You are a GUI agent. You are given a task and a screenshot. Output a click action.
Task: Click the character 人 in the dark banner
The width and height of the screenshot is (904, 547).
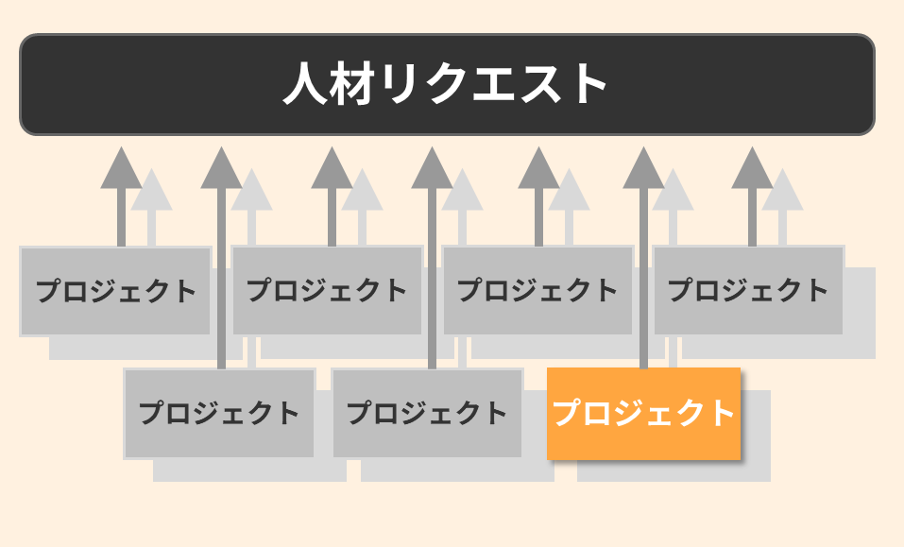[x=306, y=84]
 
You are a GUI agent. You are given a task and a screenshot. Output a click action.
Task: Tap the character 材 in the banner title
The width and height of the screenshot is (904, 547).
[x=358, y=84]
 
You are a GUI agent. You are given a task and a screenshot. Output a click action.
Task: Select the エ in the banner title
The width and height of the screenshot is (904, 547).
[x=491, y=84]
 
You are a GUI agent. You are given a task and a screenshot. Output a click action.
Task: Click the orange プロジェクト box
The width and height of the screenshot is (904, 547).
[x=643, y=413]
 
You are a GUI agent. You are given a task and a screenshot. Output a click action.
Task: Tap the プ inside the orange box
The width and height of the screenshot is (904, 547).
[x=566, y=413]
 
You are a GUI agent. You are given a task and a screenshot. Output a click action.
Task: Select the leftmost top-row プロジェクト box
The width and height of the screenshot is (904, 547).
[x=115, y=291]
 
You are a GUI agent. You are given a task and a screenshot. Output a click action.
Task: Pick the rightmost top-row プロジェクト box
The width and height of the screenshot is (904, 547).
[x=748, y=291]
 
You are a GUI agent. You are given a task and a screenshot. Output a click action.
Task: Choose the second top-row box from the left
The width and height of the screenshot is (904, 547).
[x=327, y=291]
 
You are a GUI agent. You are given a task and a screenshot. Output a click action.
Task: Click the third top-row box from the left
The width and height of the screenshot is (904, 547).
[x=537, y=291]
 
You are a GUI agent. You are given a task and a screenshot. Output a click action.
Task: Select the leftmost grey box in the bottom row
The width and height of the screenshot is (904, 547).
[x=219, y=413]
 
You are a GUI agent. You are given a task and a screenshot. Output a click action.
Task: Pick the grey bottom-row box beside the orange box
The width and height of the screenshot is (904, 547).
[x=427, y=413]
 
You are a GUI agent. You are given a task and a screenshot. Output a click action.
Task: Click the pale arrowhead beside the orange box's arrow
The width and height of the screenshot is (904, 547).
[x=673, y=192]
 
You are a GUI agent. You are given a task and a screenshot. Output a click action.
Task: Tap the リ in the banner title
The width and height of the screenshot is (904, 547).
[x=401, y=84]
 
